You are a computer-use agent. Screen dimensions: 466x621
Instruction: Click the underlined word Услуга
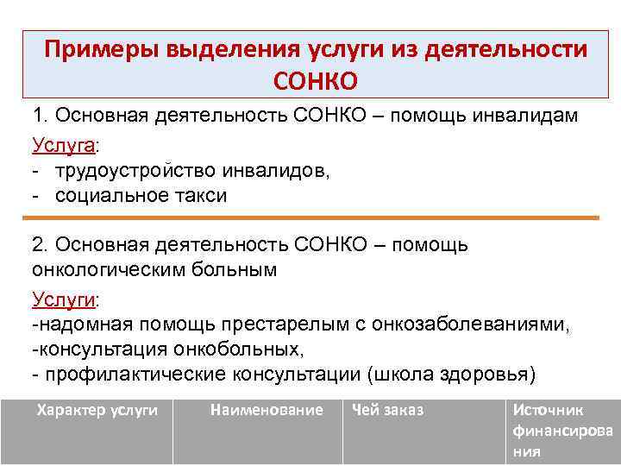pyautogui.click(x=65, y=143)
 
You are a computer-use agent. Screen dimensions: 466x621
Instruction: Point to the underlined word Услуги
pyautogui.click(x=65, y=299)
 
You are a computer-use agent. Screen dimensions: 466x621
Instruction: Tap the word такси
pyautogui.click(x=200, y=196)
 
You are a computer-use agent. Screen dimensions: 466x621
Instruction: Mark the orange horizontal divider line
pyautogui.click(x=315, y=218)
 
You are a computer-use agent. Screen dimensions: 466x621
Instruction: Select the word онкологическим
pyautogui.click(x=103, y=269)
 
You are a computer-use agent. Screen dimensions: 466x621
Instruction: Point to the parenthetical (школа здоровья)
pyautogui.click(x=451, y=375)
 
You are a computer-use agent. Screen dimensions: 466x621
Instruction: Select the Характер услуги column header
pyautogui.click(x=97, y=410)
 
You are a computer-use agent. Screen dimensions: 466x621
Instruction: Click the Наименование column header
pyautogui.click(x=266, y=410)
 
